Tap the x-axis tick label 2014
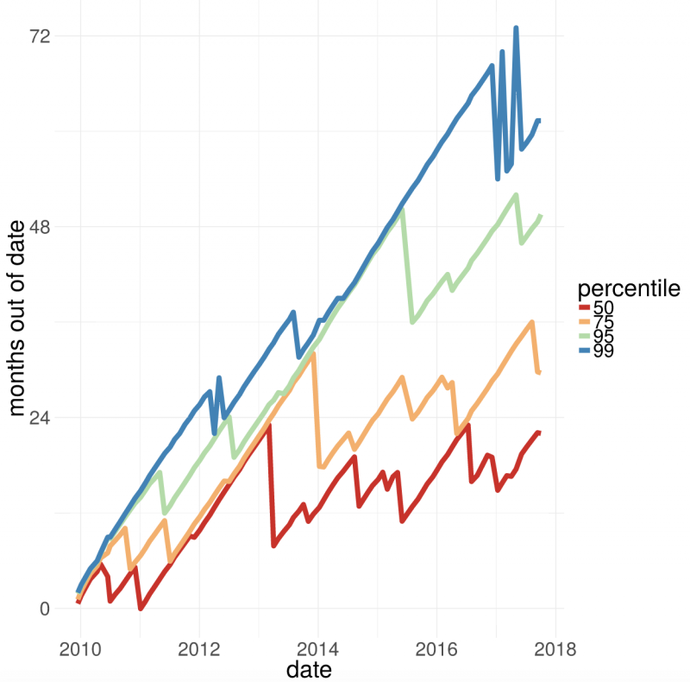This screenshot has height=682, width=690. point(317,649)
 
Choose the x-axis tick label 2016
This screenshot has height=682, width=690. point(436,649)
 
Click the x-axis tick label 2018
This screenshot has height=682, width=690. point(555,649)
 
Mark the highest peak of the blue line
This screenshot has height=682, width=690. point(516,28)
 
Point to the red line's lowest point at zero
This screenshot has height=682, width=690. point(141,609)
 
